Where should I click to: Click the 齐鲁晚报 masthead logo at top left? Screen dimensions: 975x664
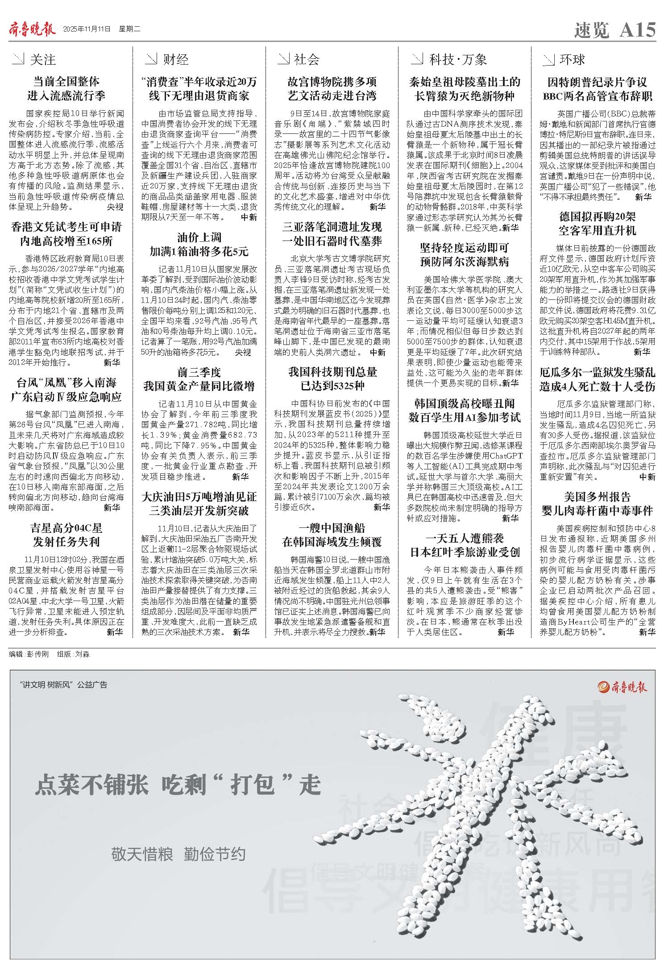(32, 29)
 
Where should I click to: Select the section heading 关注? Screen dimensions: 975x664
(43, 59)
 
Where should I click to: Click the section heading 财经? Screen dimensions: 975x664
(175, 59)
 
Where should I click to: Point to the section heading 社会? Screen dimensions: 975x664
(307, 59)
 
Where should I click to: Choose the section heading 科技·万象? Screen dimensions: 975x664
(458, 59)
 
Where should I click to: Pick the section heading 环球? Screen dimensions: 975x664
(572, 59)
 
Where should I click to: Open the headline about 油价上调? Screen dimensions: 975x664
(199, 244)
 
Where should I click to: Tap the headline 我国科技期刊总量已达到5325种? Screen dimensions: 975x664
(332, 379)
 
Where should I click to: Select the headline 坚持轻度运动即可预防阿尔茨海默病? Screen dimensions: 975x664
(465, 254)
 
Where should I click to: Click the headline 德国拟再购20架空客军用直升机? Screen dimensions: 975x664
(597, 224)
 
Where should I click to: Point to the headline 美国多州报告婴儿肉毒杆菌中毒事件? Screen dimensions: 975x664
(597, 503)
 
